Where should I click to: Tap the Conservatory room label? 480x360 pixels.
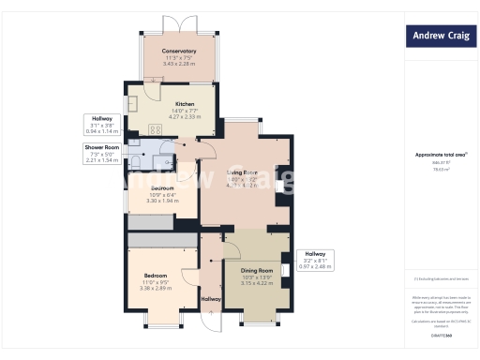coord(178,51)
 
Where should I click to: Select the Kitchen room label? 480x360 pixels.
coord(185,103)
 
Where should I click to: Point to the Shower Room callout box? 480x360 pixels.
coord(103,154)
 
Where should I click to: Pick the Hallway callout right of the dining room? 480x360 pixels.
coord(315,260)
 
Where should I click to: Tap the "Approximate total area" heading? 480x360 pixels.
coord(438,155)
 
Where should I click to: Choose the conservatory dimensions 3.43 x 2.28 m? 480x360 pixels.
coord(178,64)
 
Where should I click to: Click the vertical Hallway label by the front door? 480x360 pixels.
coord(211,299)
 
